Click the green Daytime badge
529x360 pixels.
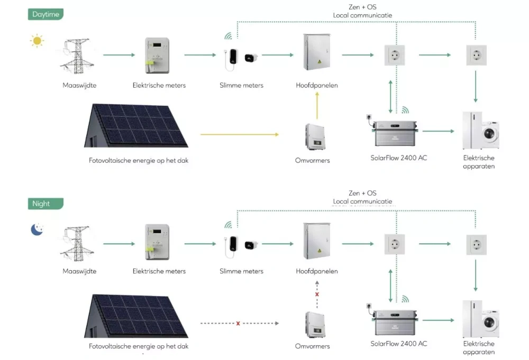click(45, 14)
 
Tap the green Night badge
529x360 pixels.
click(45, 204)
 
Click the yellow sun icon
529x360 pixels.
click(37, 41)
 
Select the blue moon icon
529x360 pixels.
click(37, 229)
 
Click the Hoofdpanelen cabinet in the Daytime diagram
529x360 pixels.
click(316, 52)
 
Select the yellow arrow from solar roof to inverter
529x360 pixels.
click(239, 135)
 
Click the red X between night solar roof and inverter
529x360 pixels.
click(238, 323)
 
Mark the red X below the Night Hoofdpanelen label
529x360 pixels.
click(317, 294)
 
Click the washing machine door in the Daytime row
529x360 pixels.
click(491, 133)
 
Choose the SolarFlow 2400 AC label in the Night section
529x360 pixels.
click(399, 344)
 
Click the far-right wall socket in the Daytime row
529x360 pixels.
click(476, 55)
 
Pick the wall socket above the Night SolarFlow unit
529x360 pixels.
click(395, 244)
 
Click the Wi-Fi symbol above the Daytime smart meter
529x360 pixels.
click(229, 36)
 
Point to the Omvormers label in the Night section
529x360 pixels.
click(312, 346)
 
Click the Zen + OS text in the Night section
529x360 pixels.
click(362, 193)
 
